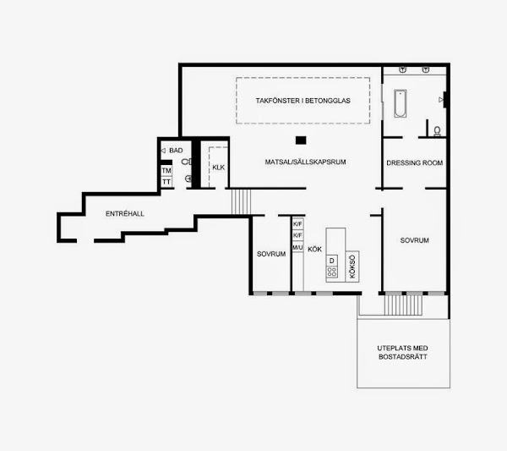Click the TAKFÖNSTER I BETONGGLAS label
click(303, 101)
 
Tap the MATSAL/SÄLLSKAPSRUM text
click(305, 162)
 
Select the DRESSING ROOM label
click(415, 162)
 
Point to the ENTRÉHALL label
click(125, 214)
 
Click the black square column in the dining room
click(301, 140)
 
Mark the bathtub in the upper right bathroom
click(401, 103)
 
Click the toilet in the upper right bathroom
click(437, 131)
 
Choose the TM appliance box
click(166, 171)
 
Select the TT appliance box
click(166, 182)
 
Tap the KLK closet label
click(219, 168)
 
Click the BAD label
click(176, 151)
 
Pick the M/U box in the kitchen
click(297, 248)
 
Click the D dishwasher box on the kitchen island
click(332, 261)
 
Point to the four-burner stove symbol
click(332, 272)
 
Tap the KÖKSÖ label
click(352, 267)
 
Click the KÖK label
click(314, 250)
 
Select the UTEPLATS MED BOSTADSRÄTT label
click(403, 352)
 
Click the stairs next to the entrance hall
click(241, 201)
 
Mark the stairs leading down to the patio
click(403, 305)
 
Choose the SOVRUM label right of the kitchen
click(415, 240)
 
